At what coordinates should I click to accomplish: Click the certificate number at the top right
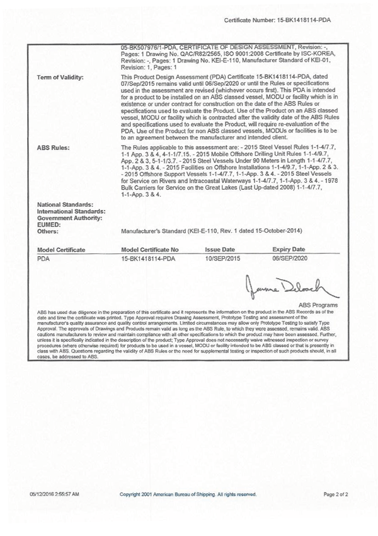278,20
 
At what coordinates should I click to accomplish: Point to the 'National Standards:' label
66,205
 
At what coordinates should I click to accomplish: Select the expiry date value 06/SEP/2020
290,259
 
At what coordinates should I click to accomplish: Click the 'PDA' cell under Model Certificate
44,259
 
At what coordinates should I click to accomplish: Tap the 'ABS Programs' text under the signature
318,305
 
